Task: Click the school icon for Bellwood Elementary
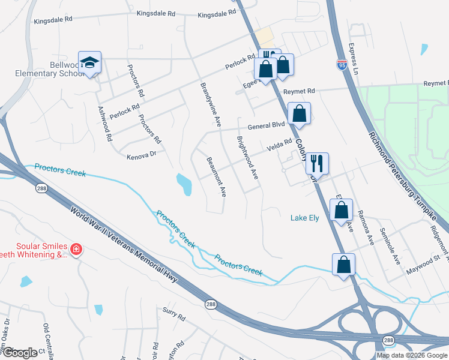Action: point(89,62)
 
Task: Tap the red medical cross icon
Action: point(76,249)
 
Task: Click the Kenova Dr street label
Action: point(141,155)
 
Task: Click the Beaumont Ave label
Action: point(216,177)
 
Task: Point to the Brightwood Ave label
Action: point(247,157)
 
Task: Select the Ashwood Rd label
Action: point(105,124)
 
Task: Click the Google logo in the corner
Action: point(19,353)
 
